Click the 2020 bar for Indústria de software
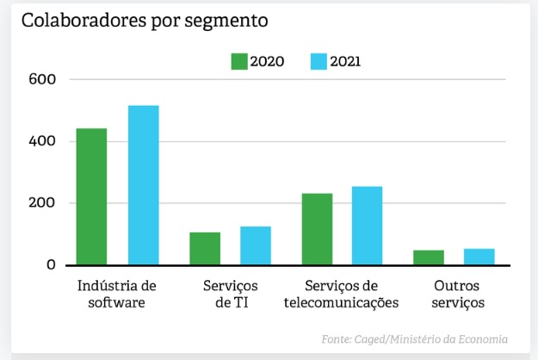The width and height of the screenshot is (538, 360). [x=91, y=196]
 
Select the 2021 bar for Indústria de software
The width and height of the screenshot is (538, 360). [x=144, y=185]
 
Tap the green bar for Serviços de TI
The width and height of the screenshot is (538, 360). [x=205, y=248]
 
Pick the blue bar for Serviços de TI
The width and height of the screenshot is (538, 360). [x=256, y=245]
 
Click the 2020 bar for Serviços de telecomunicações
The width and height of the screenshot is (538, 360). [x=317, y=229]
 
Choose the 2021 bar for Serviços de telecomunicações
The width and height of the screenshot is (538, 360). [x=368, y=226]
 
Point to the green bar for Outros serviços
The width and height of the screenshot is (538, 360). [x=429, y=257]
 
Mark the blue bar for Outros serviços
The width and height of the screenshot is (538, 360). [x=479, y=256]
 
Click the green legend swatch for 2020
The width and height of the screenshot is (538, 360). [x=238, y=61]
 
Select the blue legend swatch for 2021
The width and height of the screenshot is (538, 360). [x=318, y=61]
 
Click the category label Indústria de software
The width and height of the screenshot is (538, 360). [x=116, y=294]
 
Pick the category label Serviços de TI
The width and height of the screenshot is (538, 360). [x=230, y=294]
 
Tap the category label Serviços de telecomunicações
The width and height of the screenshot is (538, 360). [x=341, y=294]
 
